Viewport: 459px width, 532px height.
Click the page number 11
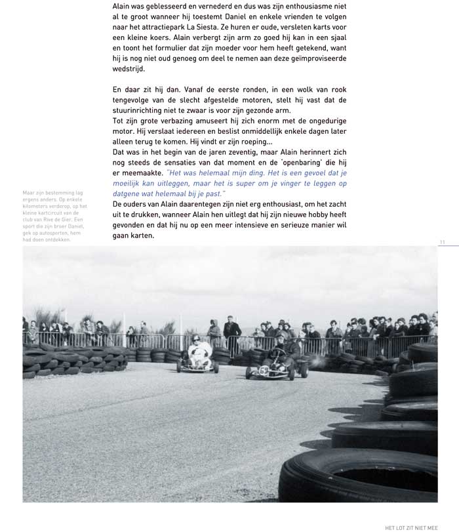[x=443, y=243]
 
